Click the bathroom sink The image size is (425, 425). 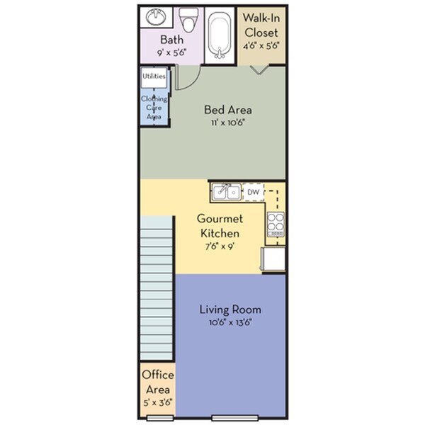[155, 16]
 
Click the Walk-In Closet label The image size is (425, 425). [261, 25]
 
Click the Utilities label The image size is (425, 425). [154, 76]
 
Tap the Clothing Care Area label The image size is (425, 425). [154, 107]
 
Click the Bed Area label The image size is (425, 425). [228, 110]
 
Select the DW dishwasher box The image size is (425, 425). [254, 192]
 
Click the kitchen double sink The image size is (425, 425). [227, 192]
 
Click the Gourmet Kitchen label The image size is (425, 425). [220, 226]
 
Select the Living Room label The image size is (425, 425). [230, 310]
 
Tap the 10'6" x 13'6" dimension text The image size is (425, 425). [230, 322]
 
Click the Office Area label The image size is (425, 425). [157, 381]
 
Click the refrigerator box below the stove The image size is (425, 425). [273, 259]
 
